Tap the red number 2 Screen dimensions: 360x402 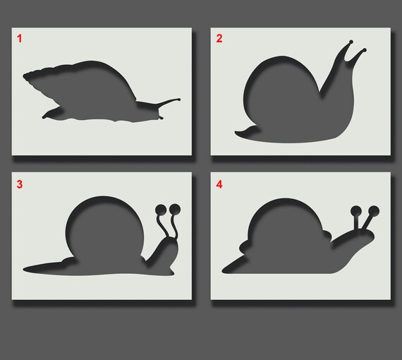[219, 39]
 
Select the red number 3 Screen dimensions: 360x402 [20, 185]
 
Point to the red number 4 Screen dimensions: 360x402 [219, 185]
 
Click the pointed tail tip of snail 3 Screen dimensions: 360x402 [25, 269]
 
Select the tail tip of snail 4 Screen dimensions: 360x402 [224, 270]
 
